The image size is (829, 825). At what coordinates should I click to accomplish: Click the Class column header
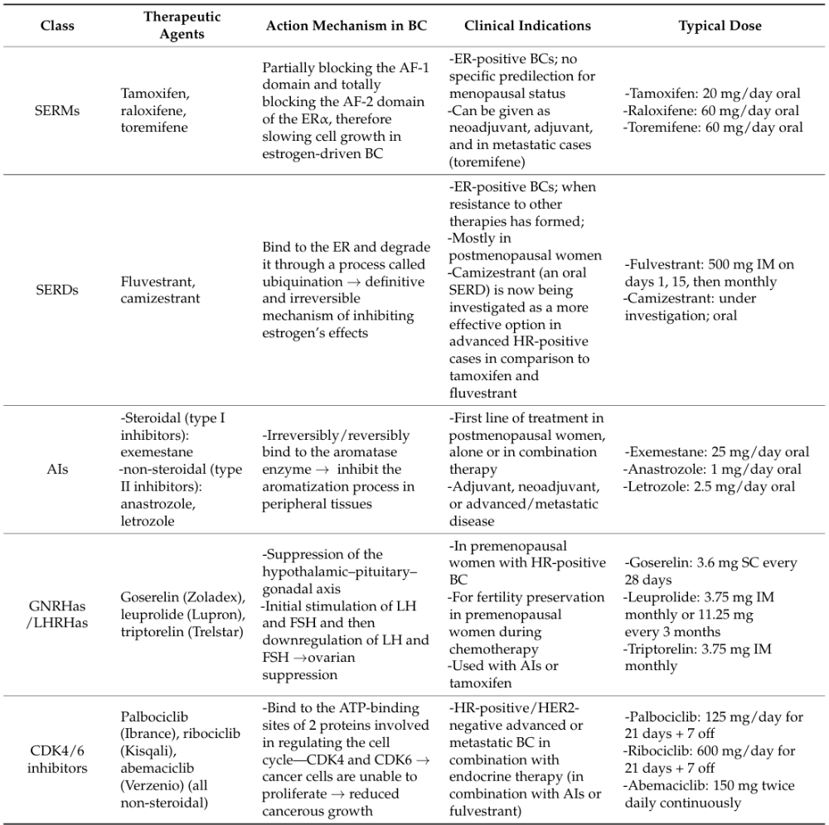[57, 26]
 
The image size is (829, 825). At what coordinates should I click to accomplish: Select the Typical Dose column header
[720, 26]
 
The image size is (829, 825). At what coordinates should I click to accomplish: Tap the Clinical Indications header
[527, 26]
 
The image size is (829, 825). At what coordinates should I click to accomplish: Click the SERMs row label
[57, 110]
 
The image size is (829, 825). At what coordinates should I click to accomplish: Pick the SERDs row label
[57, 289]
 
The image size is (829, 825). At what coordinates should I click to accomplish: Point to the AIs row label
[57, 470]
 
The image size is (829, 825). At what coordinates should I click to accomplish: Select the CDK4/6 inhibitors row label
[57, 760]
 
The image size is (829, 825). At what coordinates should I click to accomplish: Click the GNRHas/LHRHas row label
[57, 614]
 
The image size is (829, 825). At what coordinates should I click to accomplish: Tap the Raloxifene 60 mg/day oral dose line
[713, 110]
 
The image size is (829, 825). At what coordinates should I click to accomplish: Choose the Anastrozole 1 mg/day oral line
[712, 470]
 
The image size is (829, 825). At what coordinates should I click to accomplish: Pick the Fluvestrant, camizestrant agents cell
[160, 289]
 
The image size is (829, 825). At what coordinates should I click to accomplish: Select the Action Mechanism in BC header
[347, 26]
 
